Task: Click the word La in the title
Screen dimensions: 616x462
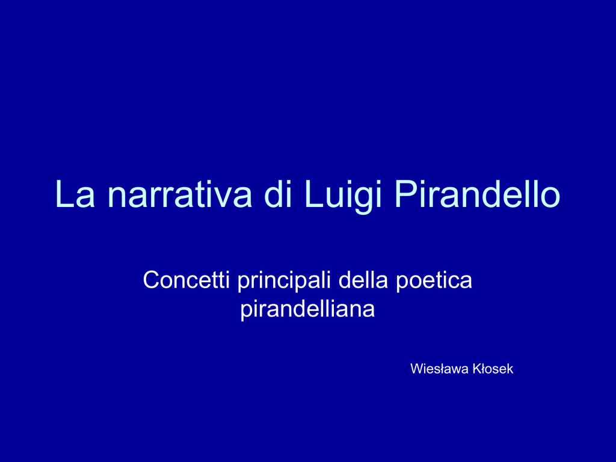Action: tap(75, 194)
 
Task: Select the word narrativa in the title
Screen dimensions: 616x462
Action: tap(179, 194)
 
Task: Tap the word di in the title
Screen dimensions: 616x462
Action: tap(277, 194)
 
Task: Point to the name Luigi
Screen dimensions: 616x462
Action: tap(342, 197)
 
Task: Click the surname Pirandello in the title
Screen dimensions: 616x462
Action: tap(477, 194)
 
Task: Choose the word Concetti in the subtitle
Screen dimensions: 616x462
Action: tap(186, 280)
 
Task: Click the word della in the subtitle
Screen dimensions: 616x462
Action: tap(363, 280)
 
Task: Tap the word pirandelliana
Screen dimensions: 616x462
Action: tap(307, 310)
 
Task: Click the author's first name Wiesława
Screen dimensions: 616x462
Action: tap(439, 369)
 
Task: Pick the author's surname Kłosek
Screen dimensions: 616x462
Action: tap(493, 369)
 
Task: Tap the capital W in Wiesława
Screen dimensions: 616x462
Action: tap(417, 369)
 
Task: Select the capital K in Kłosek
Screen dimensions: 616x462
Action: tap(477, 369)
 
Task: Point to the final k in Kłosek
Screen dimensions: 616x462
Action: tap(510, 369)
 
